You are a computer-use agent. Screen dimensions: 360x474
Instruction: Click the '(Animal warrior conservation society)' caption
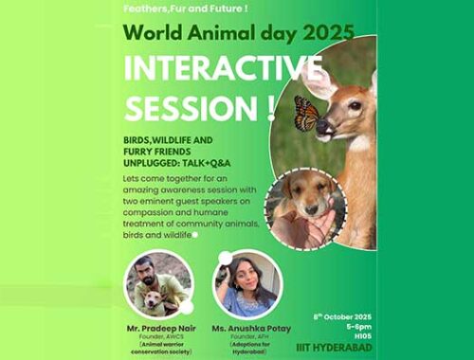pos(161,344)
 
